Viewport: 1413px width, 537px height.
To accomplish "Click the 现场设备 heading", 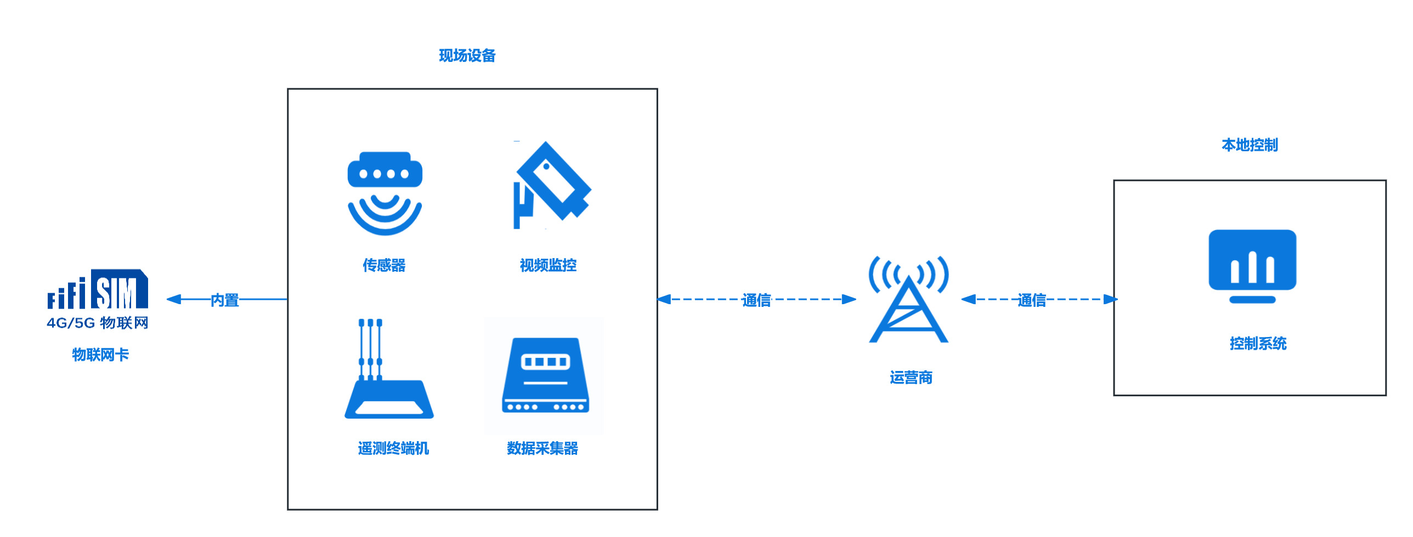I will click(467, 55).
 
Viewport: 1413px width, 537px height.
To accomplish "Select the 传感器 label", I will click(384, 265).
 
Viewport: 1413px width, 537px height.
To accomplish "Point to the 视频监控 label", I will click(548, 265).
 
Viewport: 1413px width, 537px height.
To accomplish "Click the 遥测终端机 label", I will click(393, 448).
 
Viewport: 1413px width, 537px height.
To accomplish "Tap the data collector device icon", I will click(545, 375).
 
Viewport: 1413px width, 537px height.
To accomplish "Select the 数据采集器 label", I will click(542, 448).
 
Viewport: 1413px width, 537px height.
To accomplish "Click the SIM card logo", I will click(98, 290).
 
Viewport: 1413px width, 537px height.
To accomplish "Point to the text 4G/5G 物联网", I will click(98, 323).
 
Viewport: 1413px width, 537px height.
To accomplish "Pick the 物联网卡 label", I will click(100, 355).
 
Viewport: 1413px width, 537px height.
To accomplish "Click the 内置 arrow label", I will click(225, 300).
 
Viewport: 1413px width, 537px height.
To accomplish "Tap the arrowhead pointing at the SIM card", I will click(174, 299).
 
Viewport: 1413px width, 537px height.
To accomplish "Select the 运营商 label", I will click(911, 378).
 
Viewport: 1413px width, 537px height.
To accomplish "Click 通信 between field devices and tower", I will click(756, 300).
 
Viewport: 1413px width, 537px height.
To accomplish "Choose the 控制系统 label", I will click(1258, 344).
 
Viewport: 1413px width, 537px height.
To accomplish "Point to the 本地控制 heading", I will click(1250, 145).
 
